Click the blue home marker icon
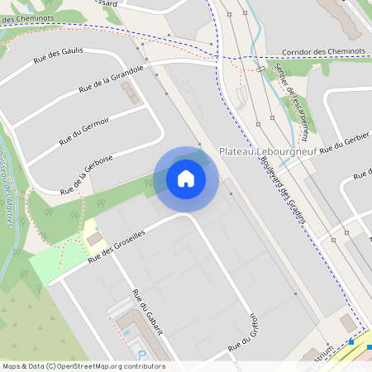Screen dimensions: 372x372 [x=186, y=179]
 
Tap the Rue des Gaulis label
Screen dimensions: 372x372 [x=59, y=55]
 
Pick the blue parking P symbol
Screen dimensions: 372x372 [x=141, y=355]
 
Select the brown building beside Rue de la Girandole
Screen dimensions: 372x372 [x=131, y=93]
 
